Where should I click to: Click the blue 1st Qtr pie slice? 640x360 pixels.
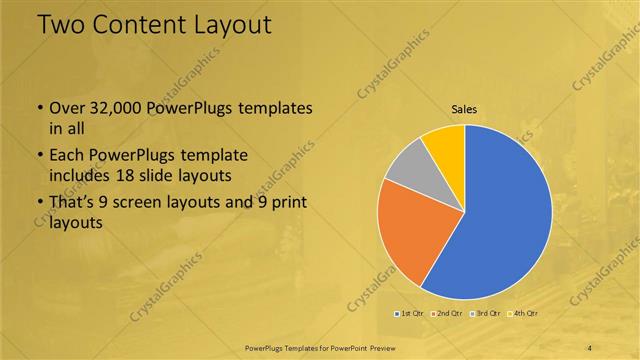505,215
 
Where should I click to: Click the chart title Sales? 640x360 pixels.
464,108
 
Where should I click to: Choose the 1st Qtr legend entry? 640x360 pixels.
411,314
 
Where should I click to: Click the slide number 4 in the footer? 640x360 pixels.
590,347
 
